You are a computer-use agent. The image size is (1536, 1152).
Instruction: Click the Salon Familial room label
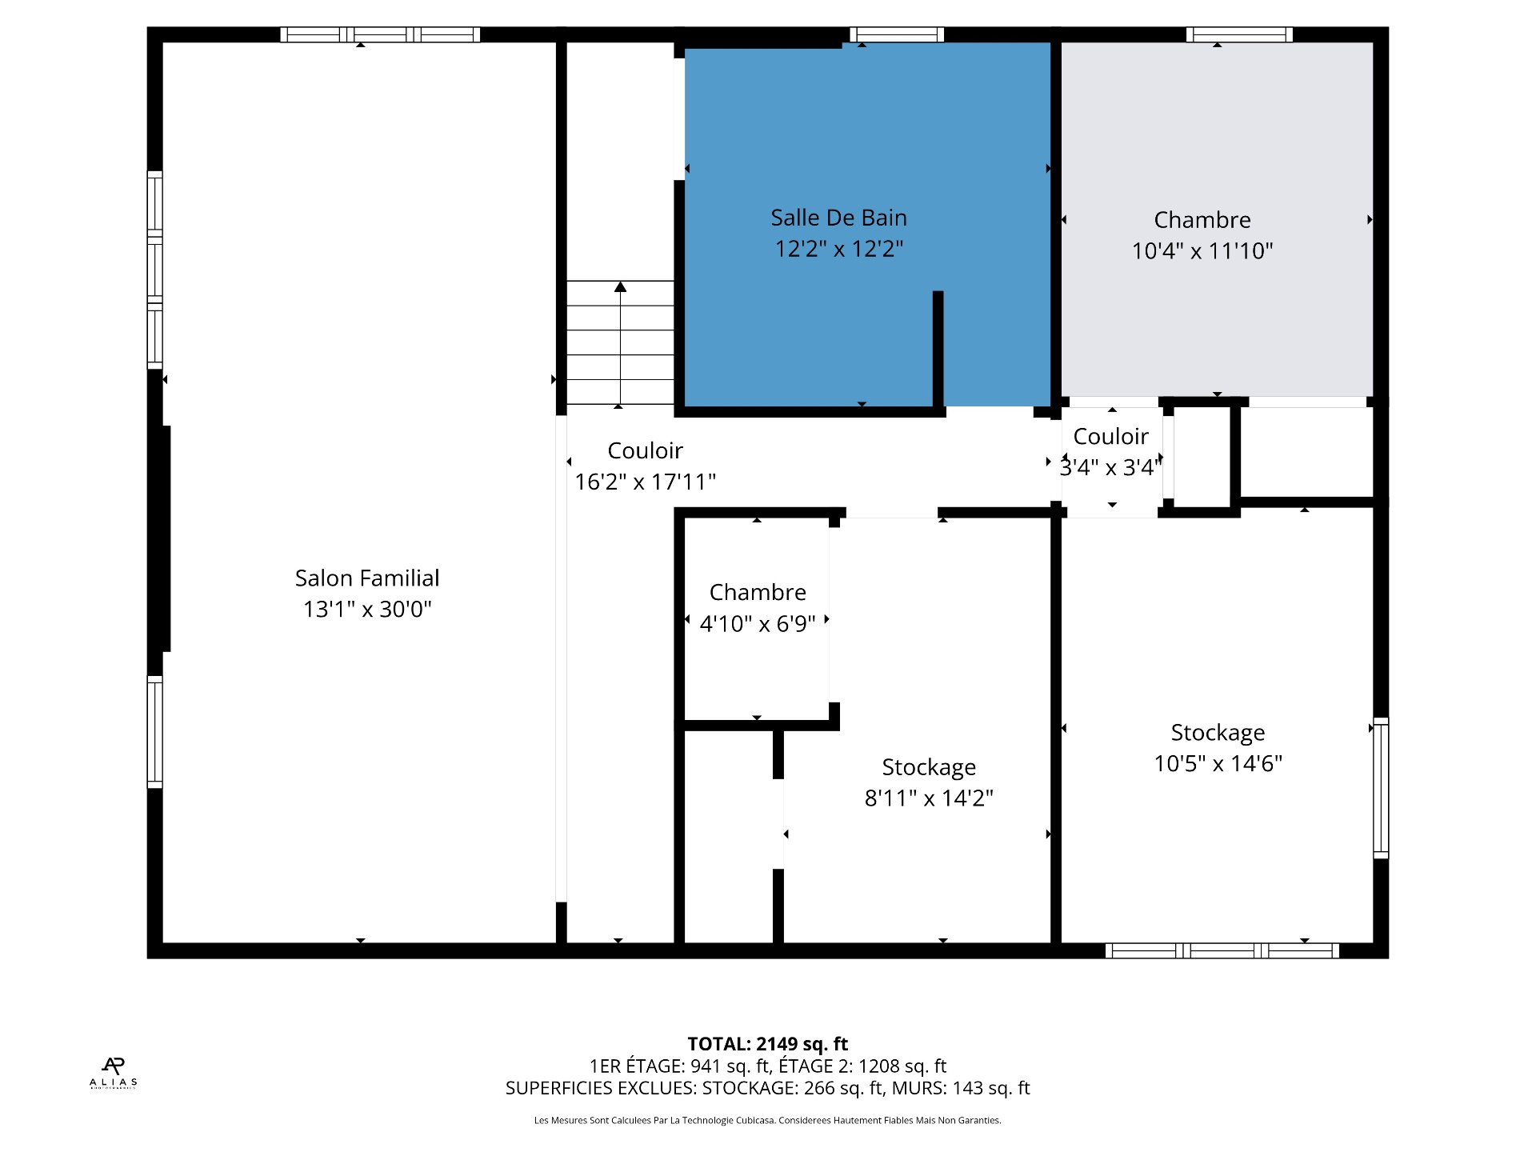pos(367,578)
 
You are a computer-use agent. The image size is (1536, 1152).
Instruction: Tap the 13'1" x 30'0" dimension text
pos(367,609)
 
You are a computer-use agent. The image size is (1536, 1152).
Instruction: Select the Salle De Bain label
pos(838,218)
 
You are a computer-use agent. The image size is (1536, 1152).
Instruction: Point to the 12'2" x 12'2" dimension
pos(838,249)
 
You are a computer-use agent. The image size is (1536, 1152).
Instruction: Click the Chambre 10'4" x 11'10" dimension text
pos(1202,250)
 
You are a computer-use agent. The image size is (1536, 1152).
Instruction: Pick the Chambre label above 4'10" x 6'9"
pos(758,592)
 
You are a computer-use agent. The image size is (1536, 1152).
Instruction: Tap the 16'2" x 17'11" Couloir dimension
pos(645,482)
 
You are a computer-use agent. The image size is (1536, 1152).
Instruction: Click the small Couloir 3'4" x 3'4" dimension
pos(1111,467)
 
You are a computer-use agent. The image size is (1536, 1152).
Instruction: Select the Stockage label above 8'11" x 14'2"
pos(929,767)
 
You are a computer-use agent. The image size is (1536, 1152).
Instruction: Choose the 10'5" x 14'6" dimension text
pos(1218,763)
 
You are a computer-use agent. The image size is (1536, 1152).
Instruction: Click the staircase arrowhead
pos(620,286)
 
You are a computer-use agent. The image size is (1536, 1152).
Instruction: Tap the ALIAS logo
pos(113,1073)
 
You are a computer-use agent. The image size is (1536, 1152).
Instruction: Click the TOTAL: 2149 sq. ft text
pos(768,1044)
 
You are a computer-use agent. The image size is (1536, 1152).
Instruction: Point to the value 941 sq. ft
pos(728,1066)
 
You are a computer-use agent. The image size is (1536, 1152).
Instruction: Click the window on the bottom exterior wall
pos(1222,950)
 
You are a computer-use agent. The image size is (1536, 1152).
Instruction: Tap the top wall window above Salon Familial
pos(380,34)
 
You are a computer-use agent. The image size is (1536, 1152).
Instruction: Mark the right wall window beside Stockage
pos(1381,788)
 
